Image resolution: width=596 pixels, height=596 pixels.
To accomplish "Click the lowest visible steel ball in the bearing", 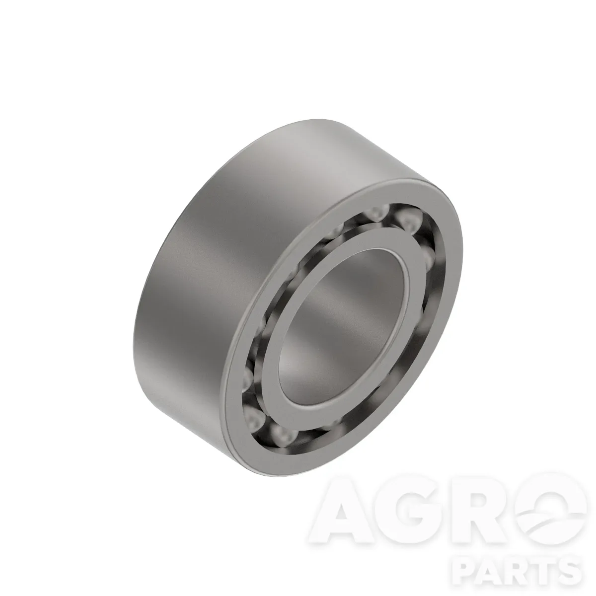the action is coord(283,436).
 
